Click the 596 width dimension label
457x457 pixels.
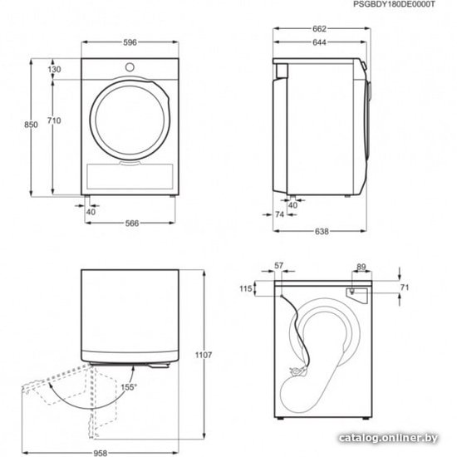(x=130, y=42)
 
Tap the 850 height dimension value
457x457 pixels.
(x=31, y=125)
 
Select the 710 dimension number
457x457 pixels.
(x=54, y=120)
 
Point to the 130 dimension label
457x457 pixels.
(x=55, y=69)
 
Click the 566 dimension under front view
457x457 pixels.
(x=132, y=224)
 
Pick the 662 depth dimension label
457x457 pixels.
(x=319, y=29)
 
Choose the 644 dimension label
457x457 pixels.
(x=319, y=42)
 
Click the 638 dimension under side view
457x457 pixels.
(x=322, y=232)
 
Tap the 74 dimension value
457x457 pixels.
(x=279, y=214)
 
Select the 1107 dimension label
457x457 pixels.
(x=204, y=355)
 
